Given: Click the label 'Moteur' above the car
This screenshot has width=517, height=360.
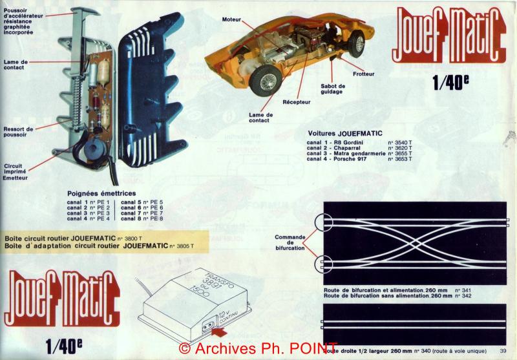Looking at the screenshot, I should coord(231,20).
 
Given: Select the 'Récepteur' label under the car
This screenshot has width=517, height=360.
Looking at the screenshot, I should coord(296,102).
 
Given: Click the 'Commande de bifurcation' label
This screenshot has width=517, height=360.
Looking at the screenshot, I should coord(290,242).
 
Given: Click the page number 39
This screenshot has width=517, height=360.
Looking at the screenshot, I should coord(503,351).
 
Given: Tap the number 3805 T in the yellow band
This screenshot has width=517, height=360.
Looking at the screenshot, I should coord(187,246).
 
